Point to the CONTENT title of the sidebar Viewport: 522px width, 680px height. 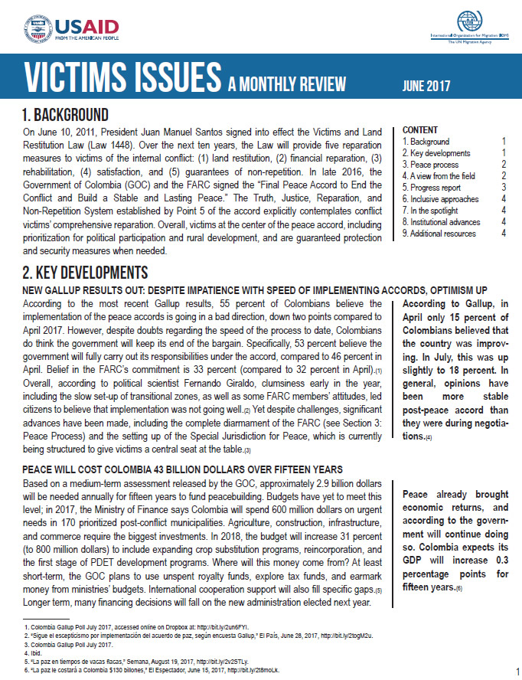pos(420,130)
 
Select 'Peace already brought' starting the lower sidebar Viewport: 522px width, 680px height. pos(453,495)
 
